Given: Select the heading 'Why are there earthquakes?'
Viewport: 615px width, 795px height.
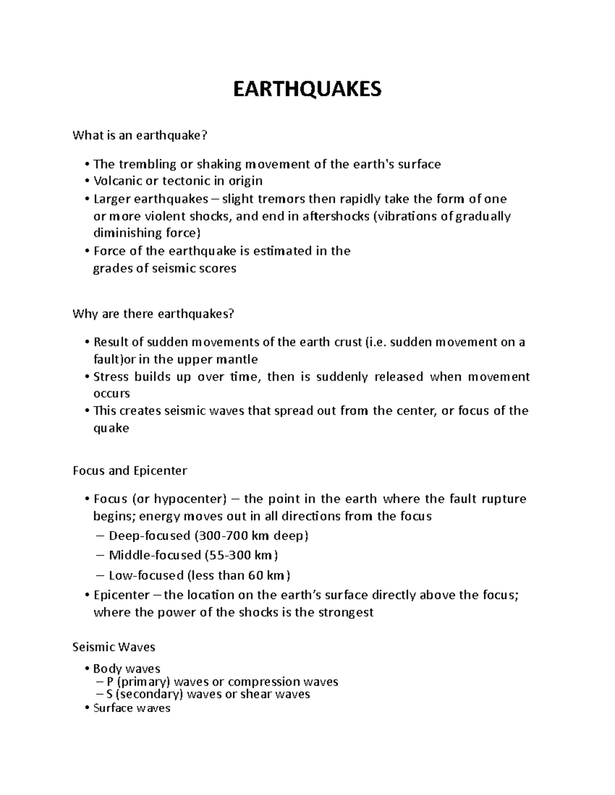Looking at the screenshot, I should pyautogui.click(x=153, y=313).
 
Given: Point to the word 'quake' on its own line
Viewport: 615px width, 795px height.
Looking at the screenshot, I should pyautogui.click(x=111, y=428).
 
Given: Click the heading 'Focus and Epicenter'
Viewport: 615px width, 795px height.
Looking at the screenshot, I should pyautogui.click(x=130, y=470).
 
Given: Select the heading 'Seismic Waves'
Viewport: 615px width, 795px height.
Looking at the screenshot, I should pyautogui.click(x=114, y=647).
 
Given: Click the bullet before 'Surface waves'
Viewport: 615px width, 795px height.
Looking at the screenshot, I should pyautogui.click(x=89, y=709).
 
